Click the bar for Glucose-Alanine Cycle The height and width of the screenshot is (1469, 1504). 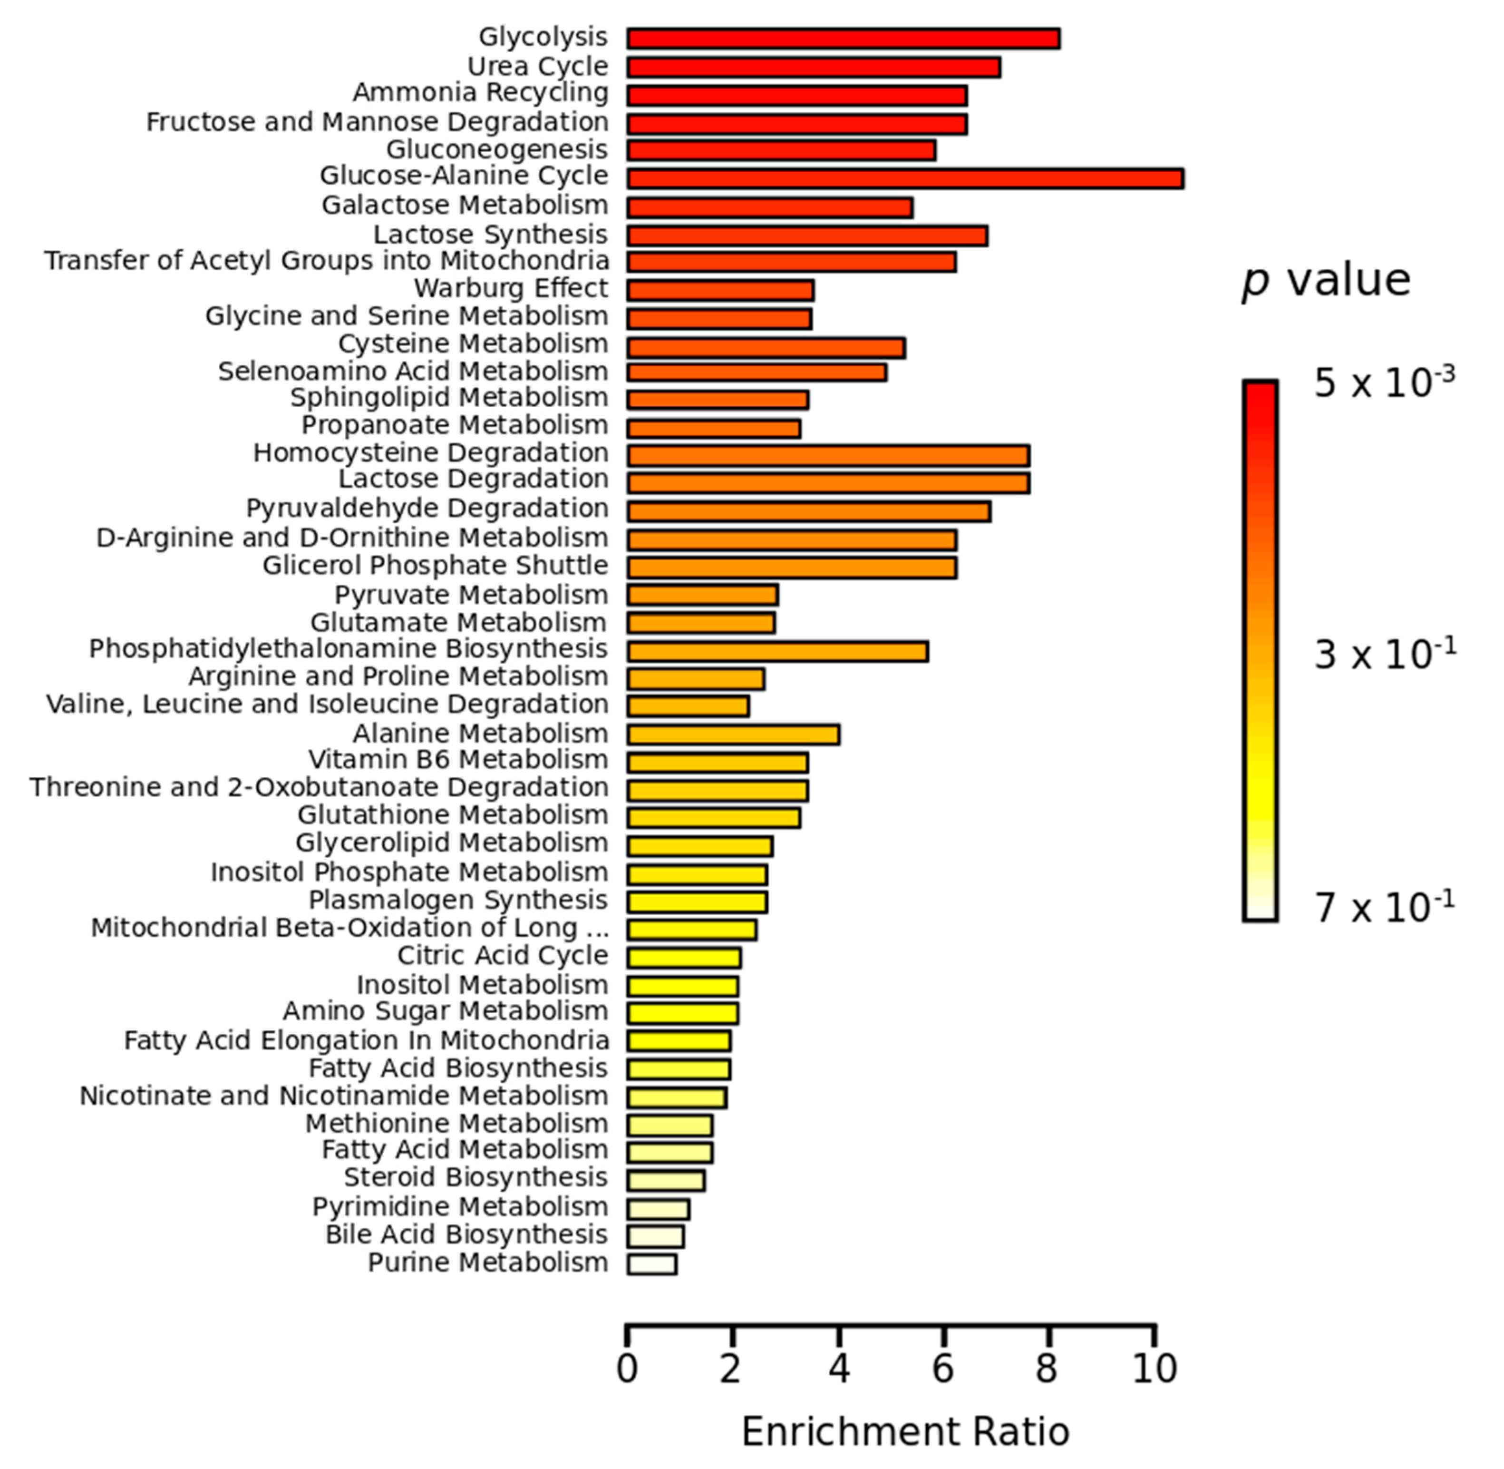[x=905, y=179]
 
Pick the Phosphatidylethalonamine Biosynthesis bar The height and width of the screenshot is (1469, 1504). [x=777, y=652]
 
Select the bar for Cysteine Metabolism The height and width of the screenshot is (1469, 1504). [x=766, y=348]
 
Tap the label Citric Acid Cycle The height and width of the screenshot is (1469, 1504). [x=502, y=955]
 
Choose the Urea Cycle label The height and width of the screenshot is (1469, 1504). [x=538, y=66]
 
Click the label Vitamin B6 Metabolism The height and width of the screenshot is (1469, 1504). [x=458, y=760]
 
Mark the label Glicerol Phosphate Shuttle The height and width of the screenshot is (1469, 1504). [x=435, y=566]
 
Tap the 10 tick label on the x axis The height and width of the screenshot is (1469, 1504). [x=1155, y=1370]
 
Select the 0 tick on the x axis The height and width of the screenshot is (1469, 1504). [x=627, y=1370]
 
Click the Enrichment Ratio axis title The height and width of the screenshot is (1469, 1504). [x=905, y=1432]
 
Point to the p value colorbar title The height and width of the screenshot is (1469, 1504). [x=1325, y=281]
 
